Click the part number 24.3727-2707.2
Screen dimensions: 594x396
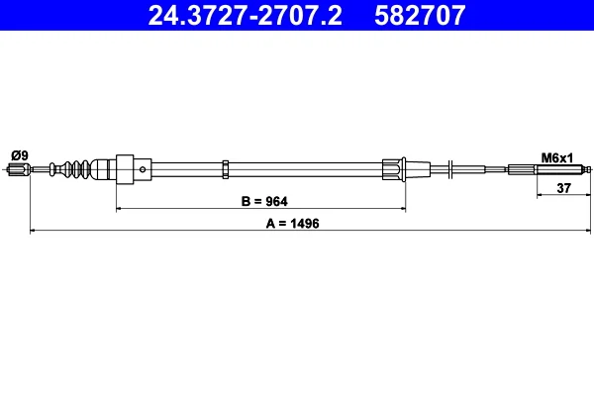coord(246,15)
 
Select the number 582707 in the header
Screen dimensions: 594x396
coord(420,15)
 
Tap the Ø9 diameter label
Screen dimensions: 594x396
coord(20,155)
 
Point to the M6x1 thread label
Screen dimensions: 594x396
coord(557,157)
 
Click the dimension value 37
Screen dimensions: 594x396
coord(563,188)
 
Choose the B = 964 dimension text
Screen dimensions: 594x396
coord(264,201)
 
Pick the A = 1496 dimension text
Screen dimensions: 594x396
coord(292,224)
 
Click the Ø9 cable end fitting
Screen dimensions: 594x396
coord(19,169)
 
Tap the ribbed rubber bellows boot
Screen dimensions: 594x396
coord(75,169)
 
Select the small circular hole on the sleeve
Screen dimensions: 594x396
coord(143,169)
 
